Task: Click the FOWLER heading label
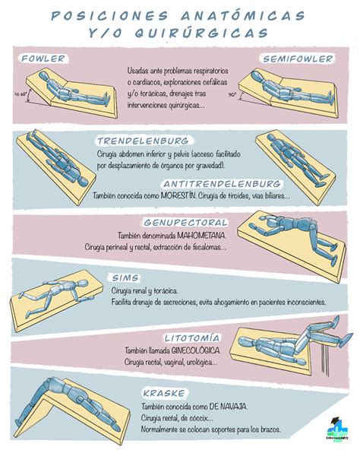[43, 58]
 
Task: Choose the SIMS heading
[124, 277]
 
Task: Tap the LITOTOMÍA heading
[192, 337]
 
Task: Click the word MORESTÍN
[179, 196]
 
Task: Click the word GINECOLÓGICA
[192, 350]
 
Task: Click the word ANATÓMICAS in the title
[243, 15]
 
